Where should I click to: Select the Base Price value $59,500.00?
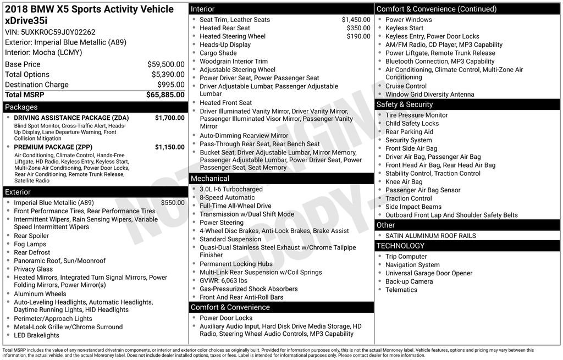(165, 64)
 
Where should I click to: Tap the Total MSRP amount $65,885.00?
(165, 95)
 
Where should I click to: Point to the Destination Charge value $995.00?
(171, 85)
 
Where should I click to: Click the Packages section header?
(21, 107)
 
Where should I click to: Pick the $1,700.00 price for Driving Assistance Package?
(169, 118)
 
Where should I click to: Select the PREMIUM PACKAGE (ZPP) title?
(53, 147)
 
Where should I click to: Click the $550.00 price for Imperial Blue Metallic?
(173, 203)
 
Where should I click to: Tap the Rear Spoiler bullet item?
(31, 236)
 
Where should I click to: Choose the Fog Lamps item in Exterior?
(30, 244)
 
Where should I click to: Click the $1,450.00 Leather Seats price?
(356, 20)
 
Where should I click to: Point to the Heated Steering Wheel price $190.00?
(358, 36)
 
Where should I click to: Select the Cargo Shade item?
(218, 53)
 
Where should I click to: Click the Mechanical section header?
(210, 179)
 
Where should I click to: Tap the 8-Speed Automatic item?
(227, 198)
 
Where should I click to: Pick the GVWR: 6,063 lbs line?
(223, 281)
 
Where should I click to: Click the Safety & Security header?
(405, 104)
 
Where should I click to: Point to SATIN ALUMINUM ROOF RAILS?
(430, 236)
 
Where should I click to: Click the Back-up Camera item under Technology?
(409, 281)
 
